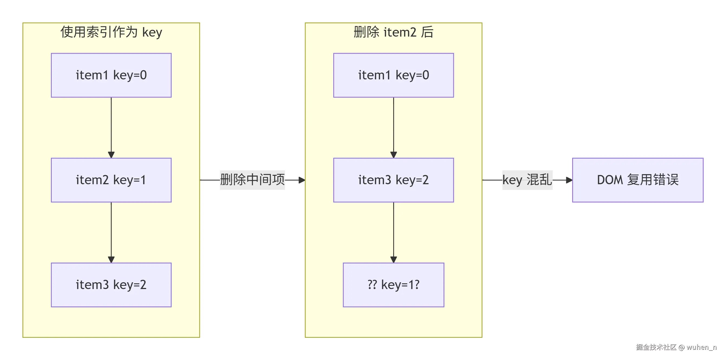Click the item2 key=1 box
(111, 180)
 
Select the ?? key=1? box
(393, 285)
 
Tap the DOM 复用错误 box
(637, 180)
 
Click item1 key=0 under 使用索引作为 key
(111, 75)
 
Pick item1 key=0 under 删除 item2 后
(393, 75)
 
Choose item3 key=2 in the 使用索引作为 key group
(111, 285)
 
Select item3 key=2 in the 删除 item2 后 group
(393, 180)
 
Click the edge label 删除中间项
(252, 180)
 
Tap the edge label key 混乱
(527, 180)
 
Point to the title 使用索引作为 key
(111, 32)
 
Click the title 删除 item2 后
(393, 32)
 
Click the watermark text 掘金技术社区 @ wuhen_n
(676, 347)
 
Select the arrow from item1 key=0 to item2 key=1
(111, 127)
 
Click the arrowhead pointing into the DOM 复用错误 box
(569, 180)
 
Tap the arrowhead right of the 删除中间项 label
(302, 180)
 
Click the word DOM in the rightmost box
(610, 180)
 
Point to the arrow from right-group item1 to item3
(393, 127)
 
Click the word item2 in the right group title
(400, 32)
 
